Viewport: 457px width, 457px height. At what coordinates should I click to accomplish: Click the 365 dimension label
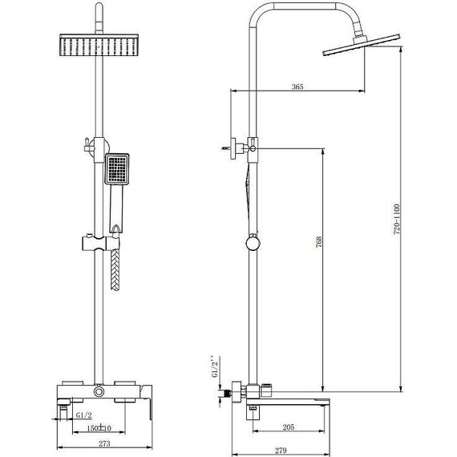click(x=297, y=87)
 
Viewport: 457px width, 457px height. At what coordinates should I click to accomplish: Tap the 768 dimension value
click(x=319, y=241)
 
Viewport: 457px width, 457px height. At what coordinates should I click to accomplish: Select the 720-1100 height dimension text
click(x=397, y=220)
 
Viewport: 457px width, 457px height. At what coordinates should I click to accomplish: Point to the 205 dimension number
click(x=289, y=427)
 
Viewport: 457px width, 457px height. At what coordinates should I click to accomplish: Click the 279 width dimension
click(x=281, y=451)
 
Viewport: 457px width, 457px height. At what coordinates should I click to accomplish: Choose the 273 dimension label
click(x=104, y=443)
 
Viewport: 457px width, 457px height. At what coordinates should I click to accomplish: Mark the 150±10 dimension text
click(x=99, y=428)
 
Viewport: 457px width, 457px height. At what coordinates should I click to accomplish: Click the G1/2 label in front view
click(x=84, y=415)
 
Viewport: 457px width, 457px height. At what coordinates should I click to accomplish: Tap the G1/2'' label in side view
click(x=214, y=366)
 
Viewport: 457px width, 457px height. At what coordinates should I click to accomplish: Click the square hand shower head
click(x=117, y=169)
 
